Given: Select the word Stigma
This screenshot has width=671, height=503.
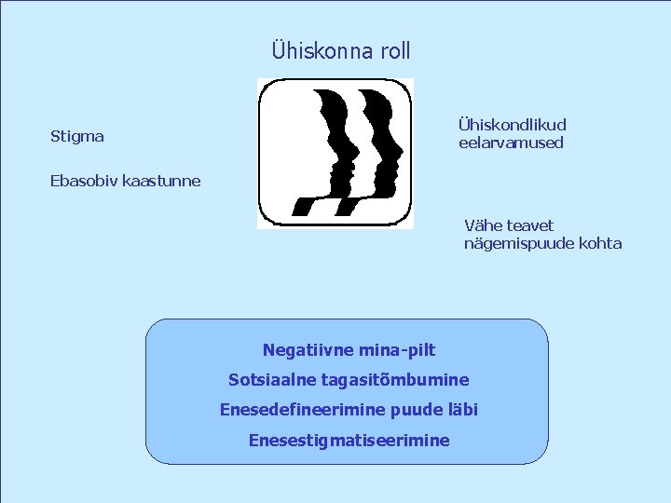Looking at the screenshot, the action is pyautogui.click(x=76, y=137).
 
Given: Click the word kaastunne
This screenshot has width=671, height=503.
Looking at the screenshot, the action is pyautogui.click(x=162, y=180).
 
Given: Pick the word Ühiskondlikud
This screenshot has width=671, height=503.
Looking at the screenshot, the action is pyautogui.click(x=512, y=125).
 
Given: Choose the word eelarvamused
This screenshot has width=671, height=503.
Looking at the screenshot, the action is pyautogui.click(x=511, y=143).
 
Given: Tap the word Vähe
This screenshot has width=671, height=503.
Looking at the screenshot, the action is pyautogui.click(x=483, y=225).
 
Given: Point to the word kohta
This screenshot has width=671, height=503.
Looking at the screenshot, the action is pyautogui.click(x=598, y=244).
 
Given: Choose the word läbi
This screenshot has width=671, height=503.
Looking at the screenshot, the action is pyautogui.click(x=463, y=410).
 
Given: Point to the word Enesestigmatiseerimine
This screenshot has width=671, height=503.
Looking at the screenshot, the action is pyautogui.click(x=349, y=440).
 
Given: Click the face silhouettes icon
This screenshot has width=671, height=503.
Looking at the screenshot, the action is pyautogui.click(x=335, y=154).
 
